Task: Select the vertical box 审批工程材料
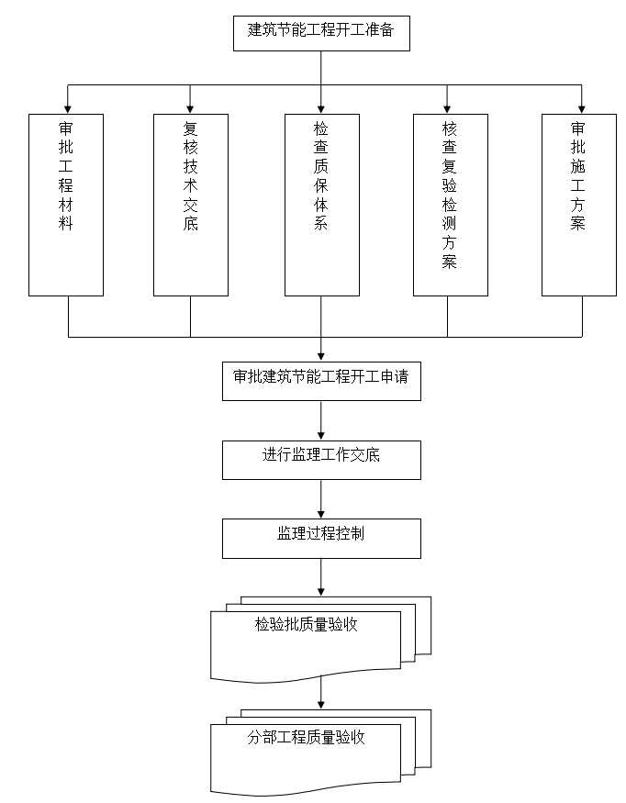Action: coord(66,205)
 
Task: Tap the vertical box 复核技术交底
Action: coord(190,205)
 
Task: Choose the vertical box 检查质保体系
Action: coord(320,205)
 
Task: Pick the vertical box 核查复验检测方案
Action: coord(449,205)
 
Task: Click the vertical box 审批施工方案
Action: coord(578,205)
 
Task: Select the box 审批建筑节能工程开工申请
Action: coord(320,381)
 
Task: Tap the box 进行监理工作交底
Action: coord(320,459)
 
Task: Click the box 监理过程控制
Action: coord(320,538)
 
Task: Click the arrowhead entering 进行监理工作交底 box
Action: coord(321,435)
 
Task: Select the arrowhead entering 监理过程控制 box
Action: coord(321,513)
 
